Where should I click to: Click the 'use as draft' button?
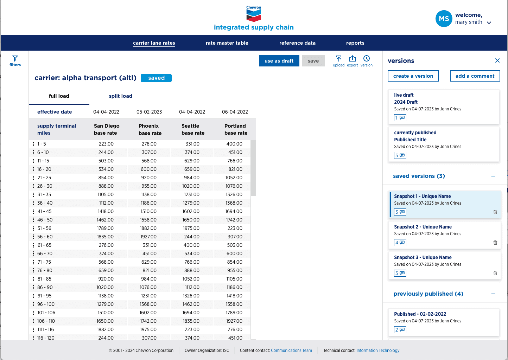tap(279, 61)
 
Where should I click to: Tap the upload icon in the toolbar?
tap(338, 59)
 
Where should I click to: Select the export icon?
tap(353, 58)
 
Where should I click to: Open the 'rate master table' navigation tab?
tap(227, 43)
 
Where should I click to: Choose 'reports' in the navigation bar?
tap(355, 43)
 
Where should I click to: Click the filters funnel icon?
tap(15, 58)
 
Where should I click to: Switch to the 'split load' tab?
tap(120, 96)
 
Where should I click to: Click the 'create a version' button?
tap(413, 76)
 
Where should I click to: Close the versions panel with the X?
tap(497, 60)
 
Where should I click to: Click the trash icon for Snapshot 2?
tap(495, 243)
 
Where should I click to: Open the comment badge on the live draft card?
tap(400, 118)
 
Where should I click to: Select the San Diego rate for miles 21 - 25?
tap(106, 178)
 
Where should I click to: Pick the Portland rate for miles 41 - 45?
tap(234, 211)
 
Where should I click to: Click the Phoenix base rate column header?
tap(150, 129)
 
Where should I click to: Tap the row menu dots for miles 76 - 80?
tap(33, 270)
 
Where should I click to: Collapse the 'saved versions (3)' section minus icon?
tap(493, 176)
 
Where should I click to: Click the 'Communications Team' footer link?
tap(291, 350)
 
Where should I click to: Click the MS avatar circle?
tap(444, 19)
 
